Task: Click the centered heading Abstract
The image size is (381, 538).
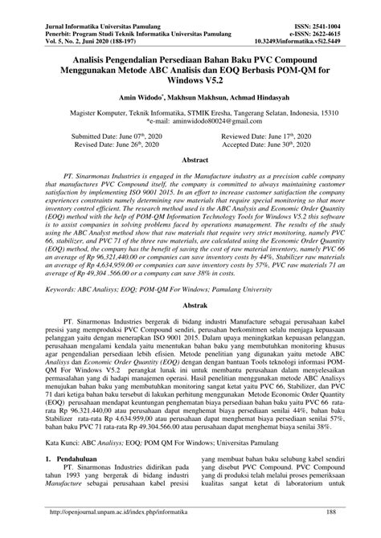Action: [190, 161]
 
